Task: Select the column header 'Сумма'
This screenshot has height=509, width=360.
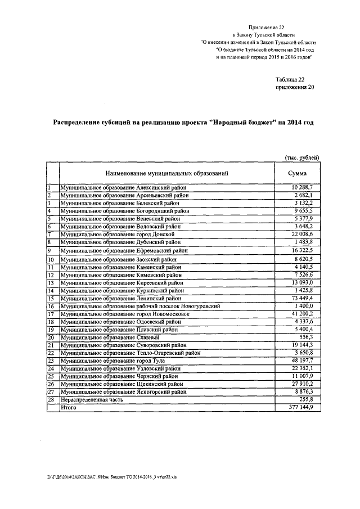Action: (x=297, y=173)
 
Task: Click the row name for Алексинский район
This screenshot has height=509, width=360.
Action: (x=124, y=187)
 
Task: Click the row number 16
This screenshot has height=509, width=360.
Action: (x=51, y=306)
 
